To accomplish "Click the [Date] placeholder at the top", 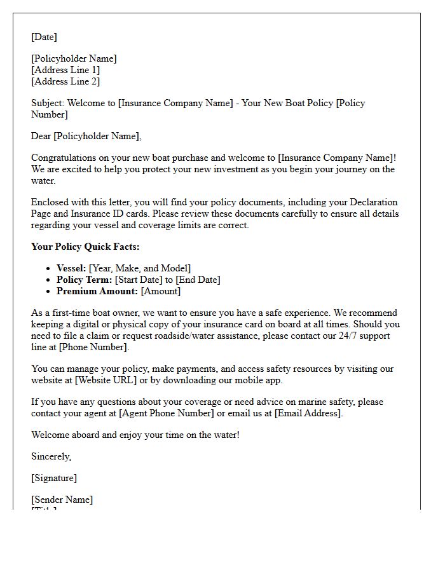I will point(44,37).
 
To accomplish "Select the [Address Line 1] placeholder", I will point(65,70).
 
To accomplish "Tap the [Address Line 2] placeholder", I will point(65,81).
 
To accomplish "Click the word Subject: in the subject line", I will point(48,103).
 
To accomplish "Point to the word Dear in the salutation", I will point(41,136).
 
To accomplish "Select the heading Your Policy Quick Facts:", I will point(85,247).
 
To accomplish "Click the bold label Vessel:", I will point(71,268).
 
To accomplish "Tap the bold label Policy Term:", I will point(84,280).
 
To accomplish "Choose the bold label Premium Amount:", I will point(97,291).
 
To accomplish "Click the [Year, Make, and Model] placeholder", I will point(140,268).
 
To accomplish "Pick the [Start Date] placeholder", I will point(140,280).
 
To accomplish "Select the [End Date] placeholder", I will point(196,280).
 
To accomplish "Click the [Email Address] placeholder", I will point(308,413).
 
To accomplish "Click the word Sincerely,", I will point(51,456).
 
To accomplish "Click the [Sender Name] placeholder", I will point(62,500).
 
